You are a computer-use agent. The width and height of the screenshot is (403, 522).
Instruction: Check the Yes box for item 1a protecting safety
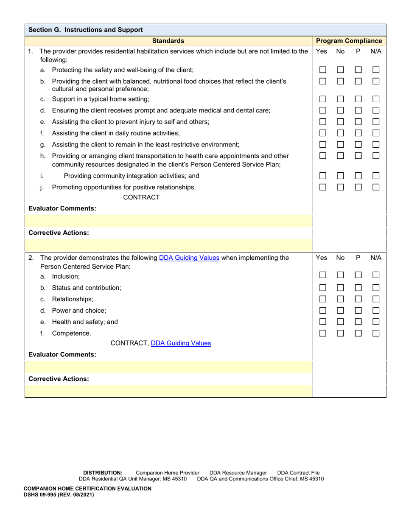point(323,70)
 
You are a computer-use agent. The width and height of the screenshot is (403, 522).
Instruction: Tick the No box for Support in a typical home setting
point(340,99)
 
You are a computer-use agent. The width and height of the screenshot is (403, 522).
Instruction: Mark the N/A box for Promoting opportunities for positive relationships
point(376,187)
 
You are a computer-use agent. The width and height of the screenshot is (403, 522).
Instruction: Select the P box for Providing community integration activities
point(358,176)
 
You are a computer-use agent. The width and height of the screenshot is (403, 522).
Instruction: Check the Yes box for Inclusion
point(323,275)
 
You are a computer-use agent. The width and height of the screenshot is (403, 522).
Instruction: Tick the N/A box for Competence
point(376,334)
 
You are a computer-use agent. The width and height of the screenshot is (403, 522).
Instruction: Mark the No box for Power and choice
point(340,310)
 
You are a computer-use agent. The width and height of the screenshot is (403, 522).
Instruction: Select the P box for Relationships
point(358,299)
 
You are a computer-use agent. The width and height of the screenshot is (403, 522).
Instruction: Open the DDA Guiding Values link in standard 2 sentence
point(189,258)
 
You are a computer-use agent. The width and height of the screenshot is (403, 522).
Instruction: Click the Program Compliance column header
point(349,41)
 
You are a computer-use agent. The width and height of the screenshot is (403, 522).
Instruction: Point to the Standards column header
point(168,41)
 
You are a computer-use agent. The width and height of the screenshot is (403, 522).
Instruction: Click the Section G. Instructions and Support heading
point(86,30)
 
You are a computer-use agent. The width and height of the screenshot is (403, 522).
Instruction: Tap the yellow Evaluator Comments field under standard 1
point(168,221)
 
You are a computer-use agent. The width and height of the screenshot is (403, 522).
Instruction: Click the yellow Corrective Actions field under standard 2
point(168,391)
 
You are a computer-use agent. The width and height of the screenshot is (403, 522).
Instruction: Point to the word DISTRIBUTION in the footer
point(103,473)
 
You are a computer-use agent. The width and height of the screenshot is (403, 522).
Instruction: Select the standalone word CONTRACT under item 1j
point(141,197)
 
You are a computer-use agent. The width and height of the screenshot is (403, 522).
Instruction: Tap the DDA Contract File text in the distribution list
point(298,473)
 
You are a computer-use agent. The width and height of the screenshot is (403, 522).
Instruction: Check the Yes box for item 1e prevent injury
point(323,122)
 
